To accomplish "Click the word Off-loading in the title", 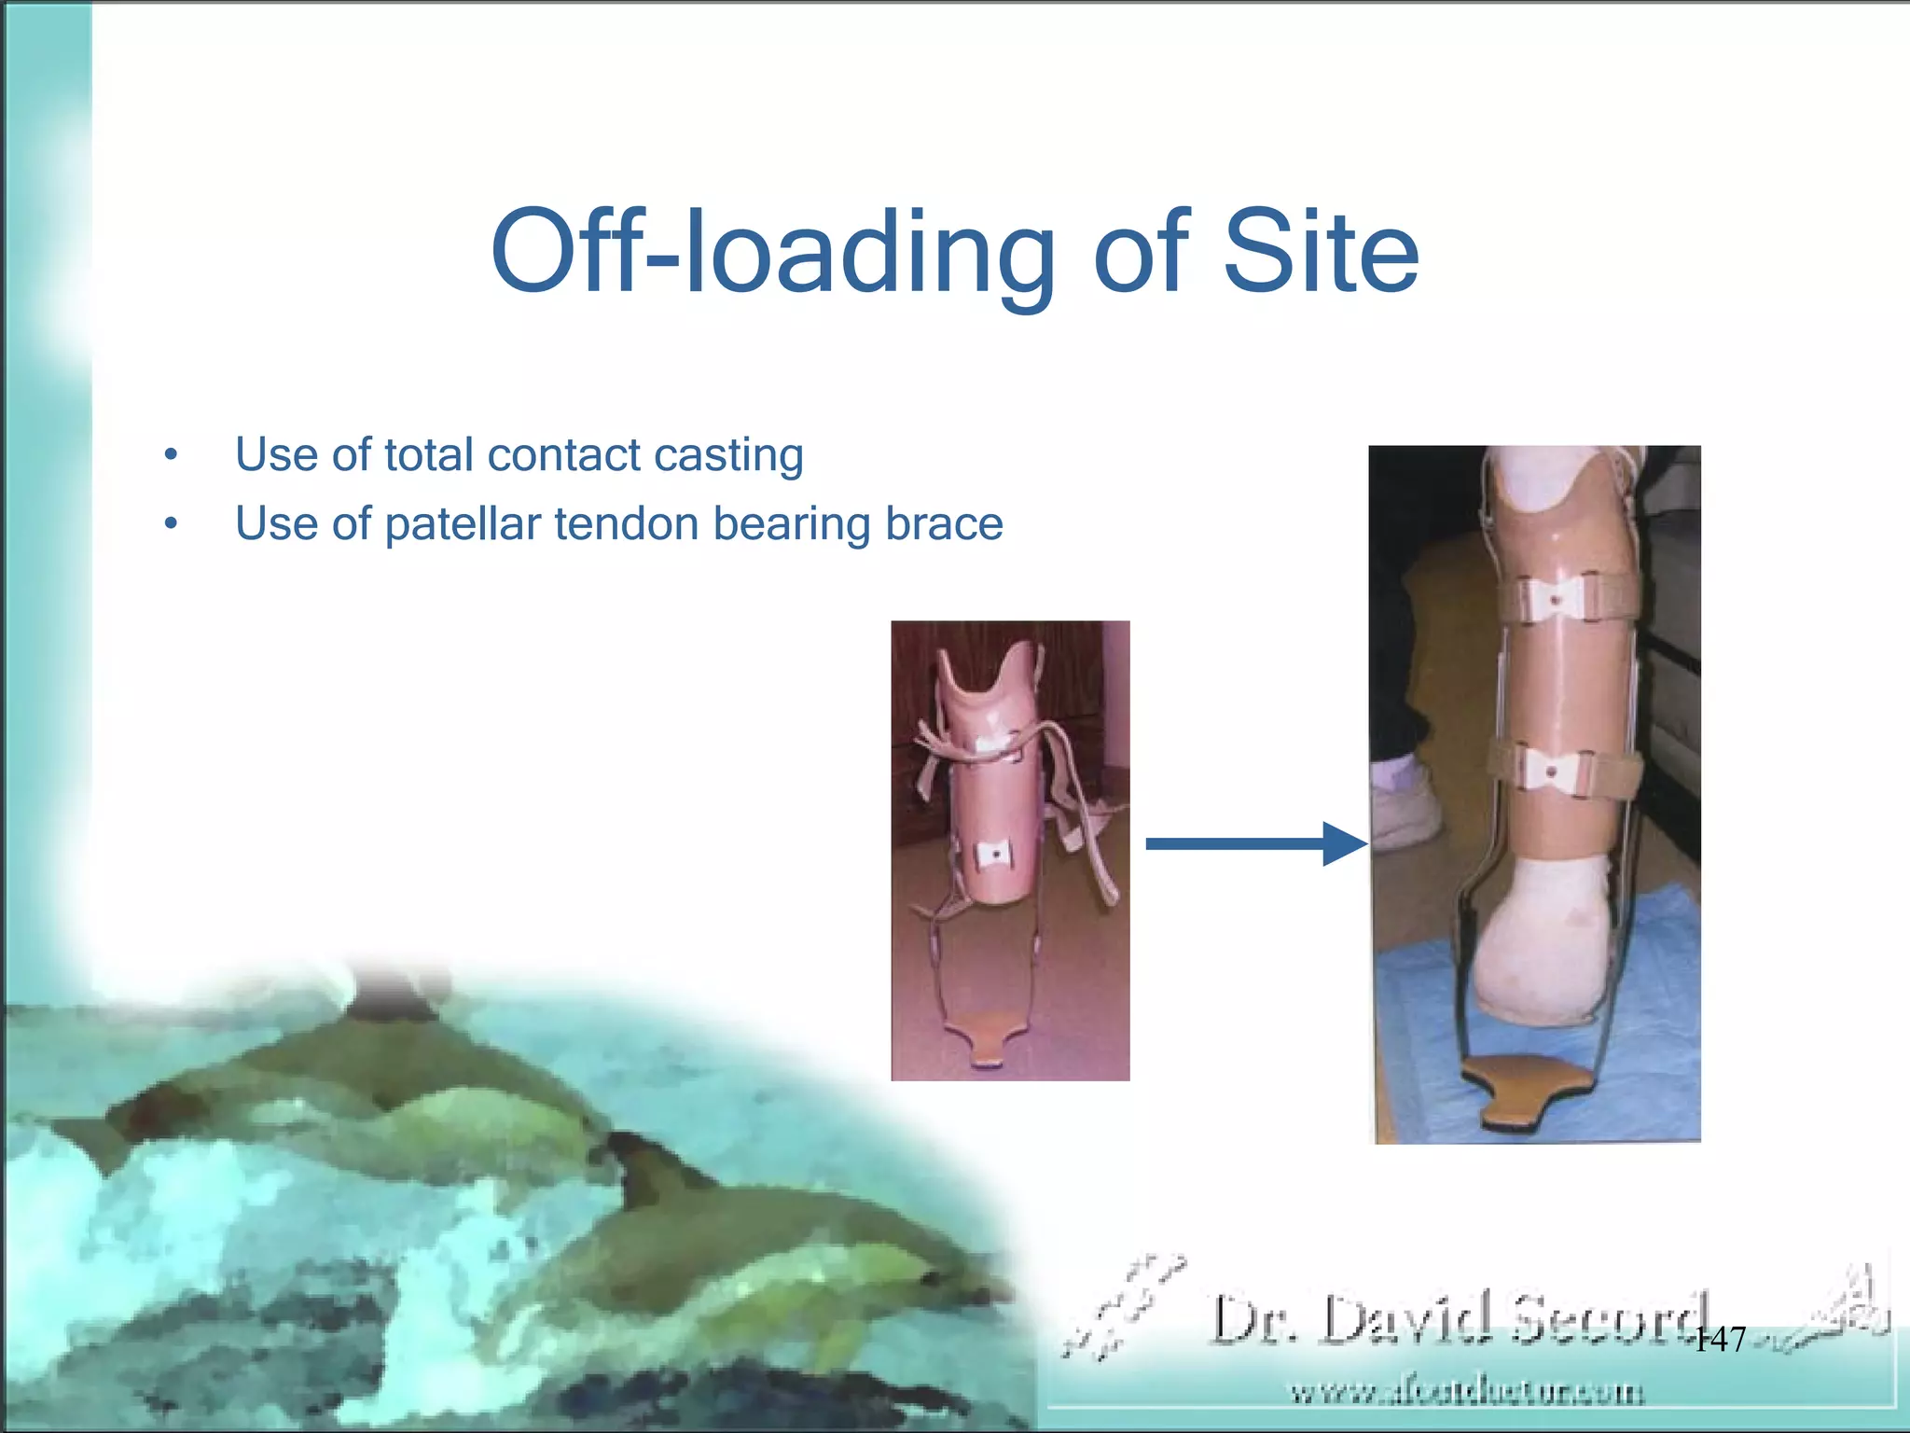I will [x=774, y=252].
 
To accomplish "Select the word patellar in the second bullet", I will [x=463, y=523].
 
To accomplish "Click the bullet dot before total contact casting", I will [x=170, y=456].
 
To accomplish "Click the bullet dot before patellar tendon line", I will [x=170, y=524].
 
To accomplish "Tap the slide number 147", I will [x=1718, y=1340].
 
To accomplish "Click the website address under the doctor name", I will [x=1466, y=1393].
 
